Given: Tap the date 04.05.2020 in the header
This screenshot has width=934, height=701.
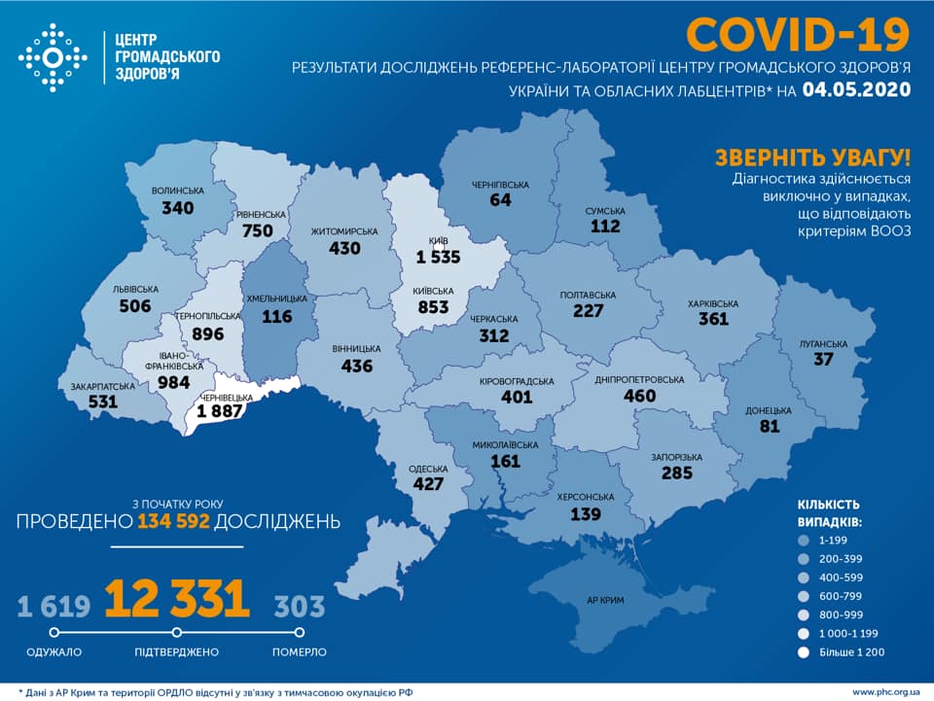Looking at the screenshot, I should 856,90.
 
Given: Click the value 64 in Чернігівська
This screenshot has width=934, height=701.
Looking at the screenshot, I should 501,200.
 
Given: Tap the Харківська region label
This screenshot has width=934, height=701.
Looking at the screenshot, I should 712,303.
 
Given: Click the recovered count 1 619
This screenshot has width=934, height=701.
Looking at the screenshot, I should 54,607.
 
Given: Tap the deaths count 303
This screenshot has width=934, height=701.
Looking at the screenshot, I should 300,607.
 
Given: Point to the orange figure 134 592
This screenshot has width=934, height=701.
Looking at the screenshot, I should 173,522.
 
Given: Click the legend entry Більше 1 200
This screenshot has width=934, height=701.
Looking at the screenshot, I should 850,651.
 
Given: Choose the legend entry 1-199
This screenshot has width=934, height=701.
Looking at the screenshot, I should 833,541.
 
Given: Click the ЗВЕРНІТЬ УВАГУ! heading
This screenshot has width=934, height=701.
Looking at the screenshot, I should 812,158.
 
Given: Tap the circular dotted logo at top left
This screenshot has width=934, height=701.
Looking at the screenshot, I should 54,58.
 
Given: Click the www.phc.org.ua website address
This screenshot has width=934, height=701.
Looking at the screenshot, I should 884,691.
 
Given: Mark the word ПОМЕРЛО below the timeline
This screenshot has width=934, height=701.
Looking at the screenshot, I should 300,651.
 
